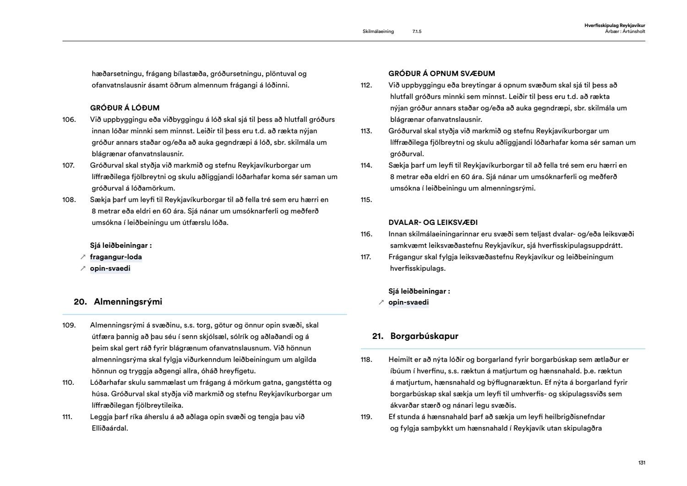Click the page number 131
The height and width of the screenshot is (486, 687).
641,463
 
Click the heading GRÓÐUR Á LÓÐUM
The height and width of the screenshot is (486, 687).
125,108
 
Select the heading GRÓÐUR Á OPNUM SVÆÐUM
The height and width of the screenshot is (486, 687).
442,74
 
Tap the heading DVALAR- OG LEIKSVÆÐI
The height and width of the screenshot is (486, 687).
433,223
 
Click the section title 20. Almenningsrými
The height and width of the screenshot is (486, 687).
118,302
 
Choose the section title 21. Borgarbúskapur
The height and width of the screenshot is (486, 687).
415,336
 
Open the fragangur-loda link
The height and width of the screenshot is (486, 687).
116,257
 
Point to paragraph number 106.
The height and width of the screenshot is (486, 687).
69,120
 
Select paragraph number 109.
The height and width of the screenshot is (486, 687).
69,325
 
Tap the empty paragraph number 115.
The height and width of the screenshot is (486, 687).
366,200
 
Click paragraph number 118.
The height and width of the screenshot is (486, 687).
366,360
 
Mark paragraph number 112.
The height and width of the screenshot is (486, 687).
366,85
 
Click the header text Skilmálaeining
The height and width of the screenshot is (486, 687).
378,32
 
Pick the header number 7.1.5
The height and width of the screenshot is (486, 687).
416,32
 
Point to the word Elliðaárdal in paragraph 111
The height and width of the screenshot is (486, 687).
110,428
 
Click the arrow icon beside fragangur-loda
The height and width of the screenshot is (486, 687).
83,257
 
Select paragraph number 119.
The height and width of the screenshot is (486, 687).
366,417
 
